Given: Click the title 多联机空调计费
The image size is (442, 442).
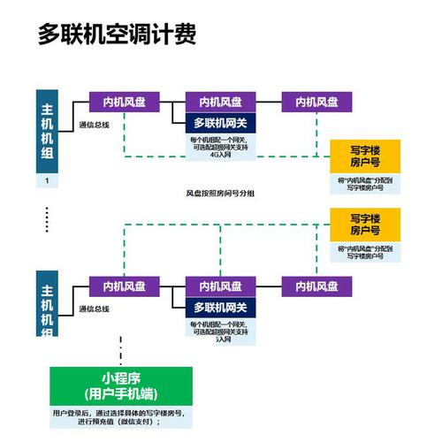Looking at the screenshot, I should pyautogui.click(x=116, y=34).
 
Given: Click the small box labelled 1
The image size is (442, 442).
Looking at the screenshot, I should pyautogui.click(x=48, y=180).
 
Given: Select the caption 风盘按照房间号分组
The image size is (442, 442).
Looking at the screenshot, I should pyautogui.click(x=219, y=192).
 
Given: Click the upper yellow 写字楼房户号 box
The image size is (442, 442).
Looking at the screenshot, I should pyautogui.click(x=365, y=156).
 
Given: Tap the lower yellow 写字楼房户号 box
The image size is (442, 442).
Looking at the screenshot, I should pyautogui.click(x=365, y=225).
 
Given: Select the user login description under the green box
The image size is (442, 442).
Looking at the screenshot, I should pyautogui.click(x=111, y=417).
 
